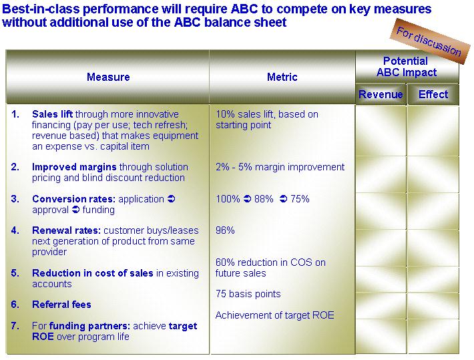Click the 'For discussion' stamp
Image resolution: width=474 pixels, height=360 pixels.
[429, 41]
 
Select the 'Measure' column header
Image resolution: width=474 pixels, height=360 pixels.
[108, 77]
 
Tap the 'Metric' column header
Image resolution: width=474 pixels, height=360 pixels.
[282, 77]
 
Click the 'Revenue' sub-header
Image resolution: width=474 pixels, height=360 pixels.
[381, 94]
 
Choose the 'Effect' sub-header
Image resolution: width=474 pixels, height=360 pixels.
[433, 94]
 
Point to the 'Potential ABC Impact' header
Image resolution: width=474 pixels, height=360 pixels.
[407, 67]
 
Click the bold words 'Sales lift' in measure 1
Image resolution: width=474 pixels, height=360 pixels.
[52, 114]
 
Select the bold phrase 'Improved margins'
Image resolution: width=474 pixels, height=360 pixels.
[74, 167]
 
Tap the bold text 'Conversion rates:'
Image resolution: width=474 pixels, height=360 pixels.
[73, 199]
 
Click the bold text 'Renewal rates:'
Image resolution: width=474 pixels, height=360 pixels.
[67, 230]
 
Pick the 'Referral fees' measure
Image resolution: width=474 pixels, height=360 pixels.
[61, 305]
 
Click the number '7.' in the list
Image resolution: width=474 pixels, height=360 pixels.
[15, 326]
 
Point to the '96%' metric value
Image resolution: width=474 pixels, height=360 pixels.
[225, 230]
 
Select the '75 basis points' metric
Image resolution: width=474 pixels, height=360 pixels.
[248, 294]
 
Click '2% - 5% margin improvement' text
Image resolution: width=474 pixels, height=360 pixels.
[280, 167]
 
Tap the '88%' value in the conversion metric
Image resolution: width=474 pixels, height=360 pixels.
[264, 199]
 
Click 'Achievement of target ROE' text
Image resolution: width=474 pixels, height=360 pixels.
[275, 315]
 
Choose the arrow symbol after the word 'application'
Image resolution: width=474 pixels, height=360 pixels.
[172, 199]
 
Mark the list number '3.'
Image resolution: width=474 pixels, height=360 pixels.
[15, 199]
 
